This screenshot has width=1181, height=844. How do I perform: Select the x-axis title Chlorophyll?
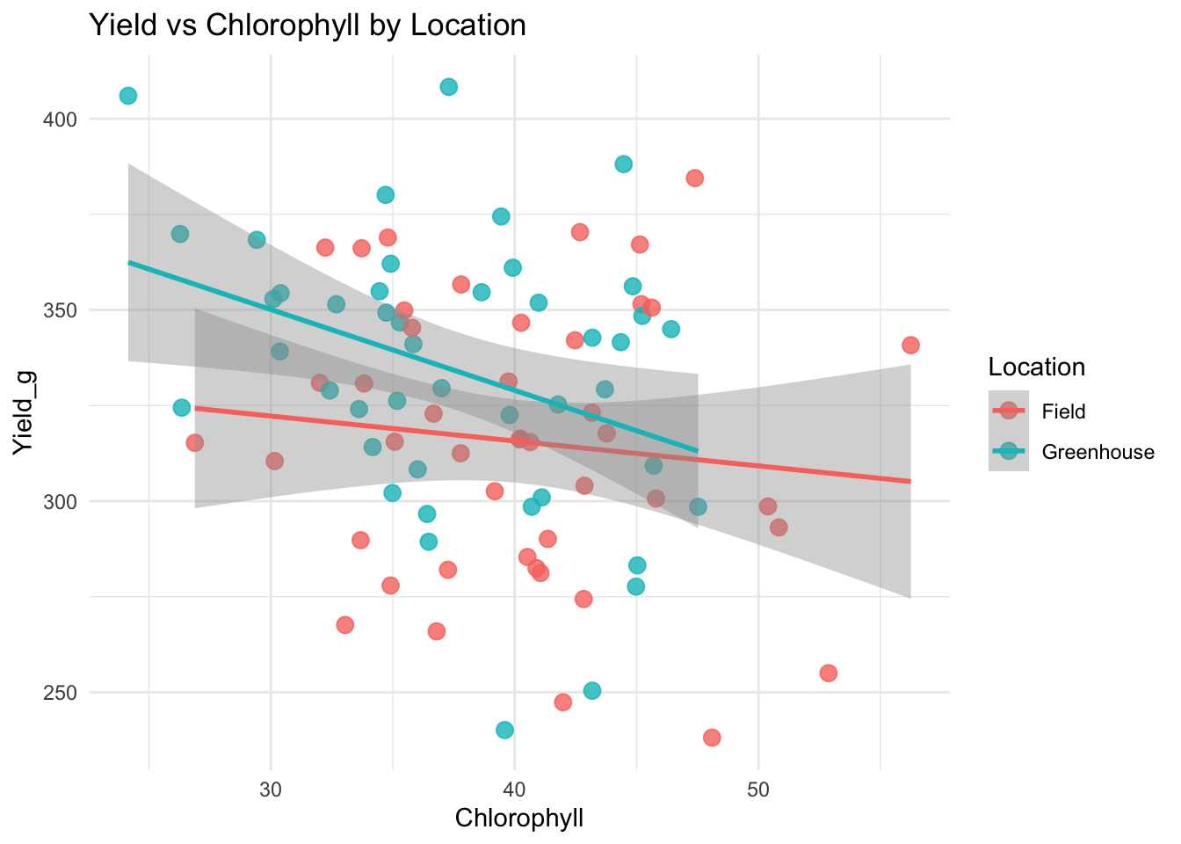519,819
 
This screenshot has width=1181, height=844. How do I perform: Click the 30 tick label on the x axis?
271,785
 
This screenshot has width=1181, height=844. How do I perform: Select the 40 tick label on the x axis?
514,785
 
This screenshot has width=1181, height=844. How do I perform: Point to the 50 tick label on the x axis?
758,785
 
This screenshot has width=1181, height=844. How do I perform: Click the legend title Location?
1036,367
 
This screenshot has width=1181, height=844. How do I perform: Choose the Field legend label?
1063,411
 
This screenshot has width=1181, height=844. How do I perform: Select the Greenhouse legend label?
1098,452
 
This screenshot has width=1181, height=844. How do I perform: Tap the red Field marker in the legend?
1009,411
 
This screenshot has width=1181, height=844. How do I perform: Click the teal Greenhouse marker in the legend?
1009,452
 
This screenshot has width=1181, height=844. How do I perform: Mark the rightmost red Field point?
910,345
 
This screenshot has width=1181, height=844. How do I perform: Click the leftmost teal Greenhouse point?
128,96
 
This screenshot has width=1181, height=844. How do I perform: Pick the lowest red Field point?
712,737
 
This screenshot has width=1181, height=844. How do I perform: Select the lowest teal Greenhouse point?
504,730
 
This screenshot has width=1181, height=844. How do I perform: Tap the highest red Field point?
695,178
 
